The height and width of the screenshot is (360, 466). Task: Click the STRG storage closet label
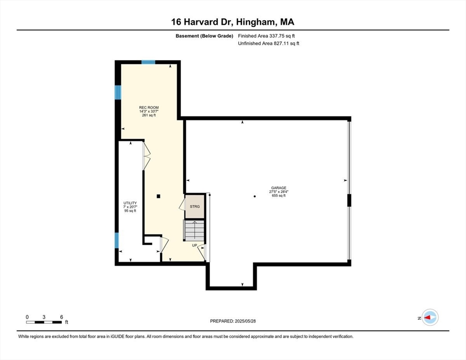point(195,206)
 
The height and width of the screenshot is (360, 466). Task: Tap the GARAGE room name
point(278,188)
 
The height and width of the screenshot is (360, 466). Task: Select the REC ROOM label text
point(149,107)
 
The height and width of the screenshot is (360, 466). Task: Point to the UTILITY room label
point(130,203)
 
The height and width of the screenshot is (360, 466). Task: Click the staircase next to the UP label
point(195,230)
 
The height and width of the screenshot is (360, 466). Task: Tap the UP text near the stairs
point(195,245)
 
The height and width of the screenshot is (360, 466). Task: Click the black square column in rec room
point(159,196)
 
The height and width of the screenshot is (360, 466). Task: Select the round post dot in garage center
point(255,196)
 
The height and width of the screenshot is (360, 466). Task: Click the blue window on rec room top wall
point(149,62)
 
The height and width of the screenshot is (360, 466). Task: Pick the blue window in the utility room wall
point(117,240)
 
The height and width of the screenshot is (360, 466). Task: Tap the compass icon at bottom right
point(429,317)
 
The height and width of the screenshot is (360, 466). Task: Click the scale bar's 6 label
point(61,317)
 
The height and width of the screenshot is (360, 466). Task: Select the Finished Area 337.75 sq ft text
point(266,36)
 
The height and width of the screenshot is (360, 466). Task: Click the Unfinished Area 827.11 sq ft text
point(268,43)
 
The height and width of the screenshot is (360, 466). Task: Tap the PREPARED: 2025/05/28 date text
point(233,321)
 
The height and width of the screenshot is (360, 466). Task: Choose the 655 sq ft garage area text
point(278,195)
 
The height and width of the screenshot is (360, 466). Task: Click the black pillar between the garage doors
point(349,200)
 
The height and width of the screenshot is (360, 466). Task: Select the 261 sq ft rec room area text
point(149,115)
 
